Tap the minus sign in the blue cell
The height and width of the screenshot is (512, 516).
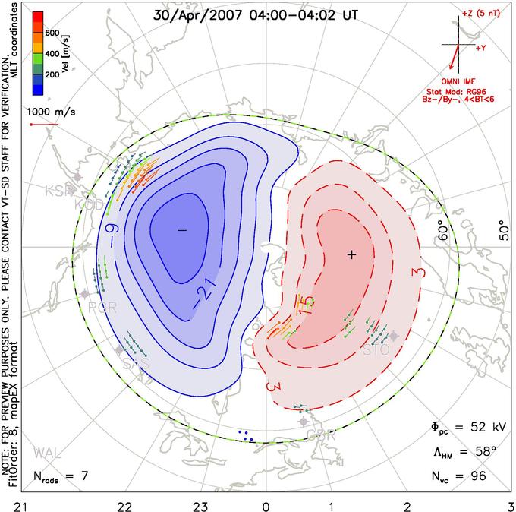182,229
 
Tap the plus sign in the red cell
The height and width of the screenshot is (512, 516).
351,254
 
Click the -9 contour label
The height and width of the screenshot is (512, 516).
111,226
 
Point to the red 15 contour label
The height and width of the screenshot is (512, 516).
305,305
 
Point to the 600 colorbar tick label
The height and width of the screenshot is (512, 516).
52,33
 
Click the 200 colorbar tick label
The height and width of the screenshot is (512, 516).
52,76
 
